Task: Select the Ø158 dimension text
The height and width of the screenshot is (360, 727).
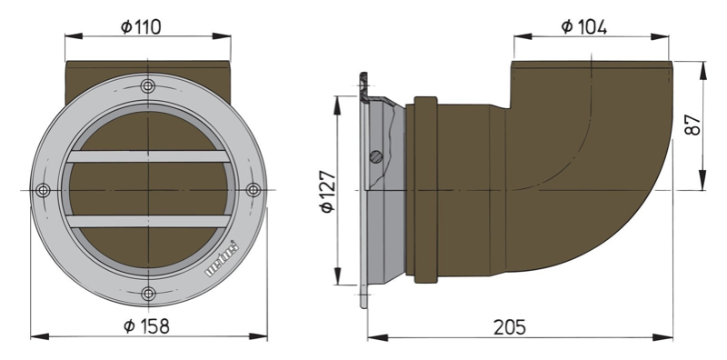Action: pos(145,325)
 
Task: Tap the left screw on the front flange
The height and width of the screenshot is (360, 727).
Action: pos(43,189)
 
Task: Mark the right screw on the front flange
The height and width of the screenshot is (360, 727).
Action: pos(254,189)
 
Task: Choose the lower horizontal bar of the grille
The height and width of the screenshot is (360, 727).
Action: pos(148,221)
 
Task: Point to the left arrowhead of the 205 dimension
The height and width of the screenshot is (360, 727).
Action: pos(373,337)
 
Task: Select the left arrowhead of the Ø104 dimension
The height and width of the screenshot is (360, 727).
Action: pos(519,37)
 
